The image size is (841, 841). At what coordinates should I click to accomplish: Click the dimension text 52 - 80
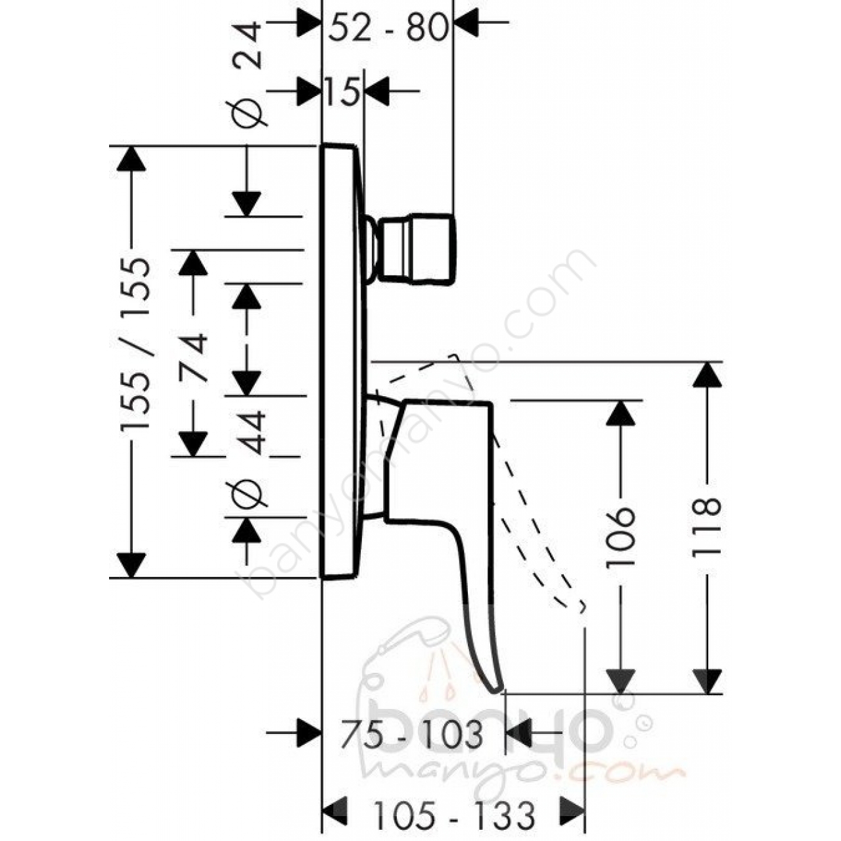click(x=388, y=28)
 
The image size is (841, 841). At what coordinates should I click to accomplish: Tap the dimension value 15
click(x=342, y=92)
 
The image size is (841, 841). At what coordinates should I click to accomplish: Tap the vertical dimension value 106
click(x=620, y=537)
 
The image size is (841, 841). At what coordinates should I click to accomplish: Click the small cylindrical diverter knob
click(x=418, y=249)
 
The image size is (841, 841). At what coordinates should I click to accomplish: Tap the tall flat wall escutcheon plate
click(x=341, y=361)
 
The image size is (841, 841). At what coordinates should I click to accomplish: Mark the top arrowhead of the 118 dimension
click(x=707, y=375)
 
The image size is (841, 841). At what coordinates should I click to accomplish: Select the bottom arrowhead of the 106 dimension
click(x=620, y=680)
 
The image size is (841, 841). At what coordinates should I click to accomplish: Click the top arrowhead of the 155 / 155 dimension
click(x=131, y=159)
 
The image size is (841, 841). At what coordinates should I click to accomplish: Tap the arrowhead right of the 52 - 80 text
click(x=467, y=22)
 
